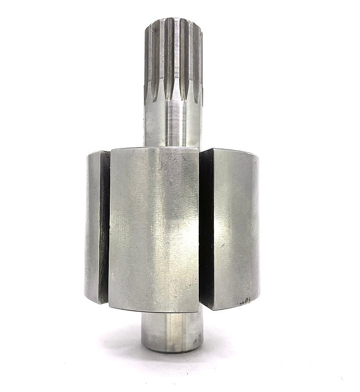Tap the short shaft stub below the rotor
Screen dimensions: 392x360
tap(172, 333)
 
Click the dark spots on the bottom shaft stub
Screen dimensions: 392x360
tap(197, 338)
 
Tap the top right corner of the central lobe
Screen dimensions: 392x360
tap(199, 147)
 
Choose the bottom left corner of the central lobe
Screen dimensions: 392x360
tap(110, 307)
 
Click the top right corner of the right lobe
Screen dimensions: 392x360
tap(255, 154)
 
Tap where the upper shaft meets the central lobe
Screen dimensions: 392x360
tap(172, 146)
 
